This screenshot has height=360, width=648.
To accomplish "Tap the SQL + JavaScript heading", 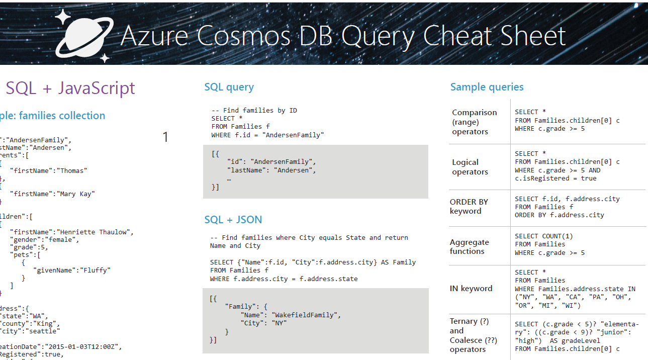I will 70,88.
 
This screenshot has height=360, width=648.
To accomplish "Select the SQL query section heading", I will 229,87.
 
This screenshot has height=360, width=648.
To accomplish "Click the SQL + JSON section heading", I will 233,220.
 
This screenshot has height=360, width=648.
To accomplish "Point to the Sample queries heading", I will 487,87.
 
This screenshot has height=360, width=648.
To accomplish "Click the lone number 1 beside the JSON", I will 165,137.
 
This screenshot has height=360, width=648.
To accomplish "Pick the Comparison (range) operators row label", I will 474,122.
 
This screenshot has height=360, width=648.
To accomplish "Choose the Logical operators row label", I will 470,167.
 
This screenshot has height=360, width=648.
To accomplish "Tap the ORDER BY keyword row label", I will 469,206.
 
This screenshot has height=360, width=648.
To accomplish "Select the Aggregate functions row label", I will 469,246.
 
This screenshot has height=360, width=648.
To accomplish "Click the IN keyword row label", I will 471,289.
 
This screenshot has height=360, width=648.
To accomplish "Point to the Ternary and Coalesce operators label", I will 473,335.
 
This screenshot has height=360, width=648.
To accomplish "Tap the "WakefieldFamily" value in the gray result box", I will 306,315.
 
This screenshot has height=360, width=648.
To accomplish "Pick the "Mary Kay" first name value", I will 76,194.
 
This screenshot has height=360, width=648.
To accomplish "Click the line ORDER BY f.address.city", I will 559,215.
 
